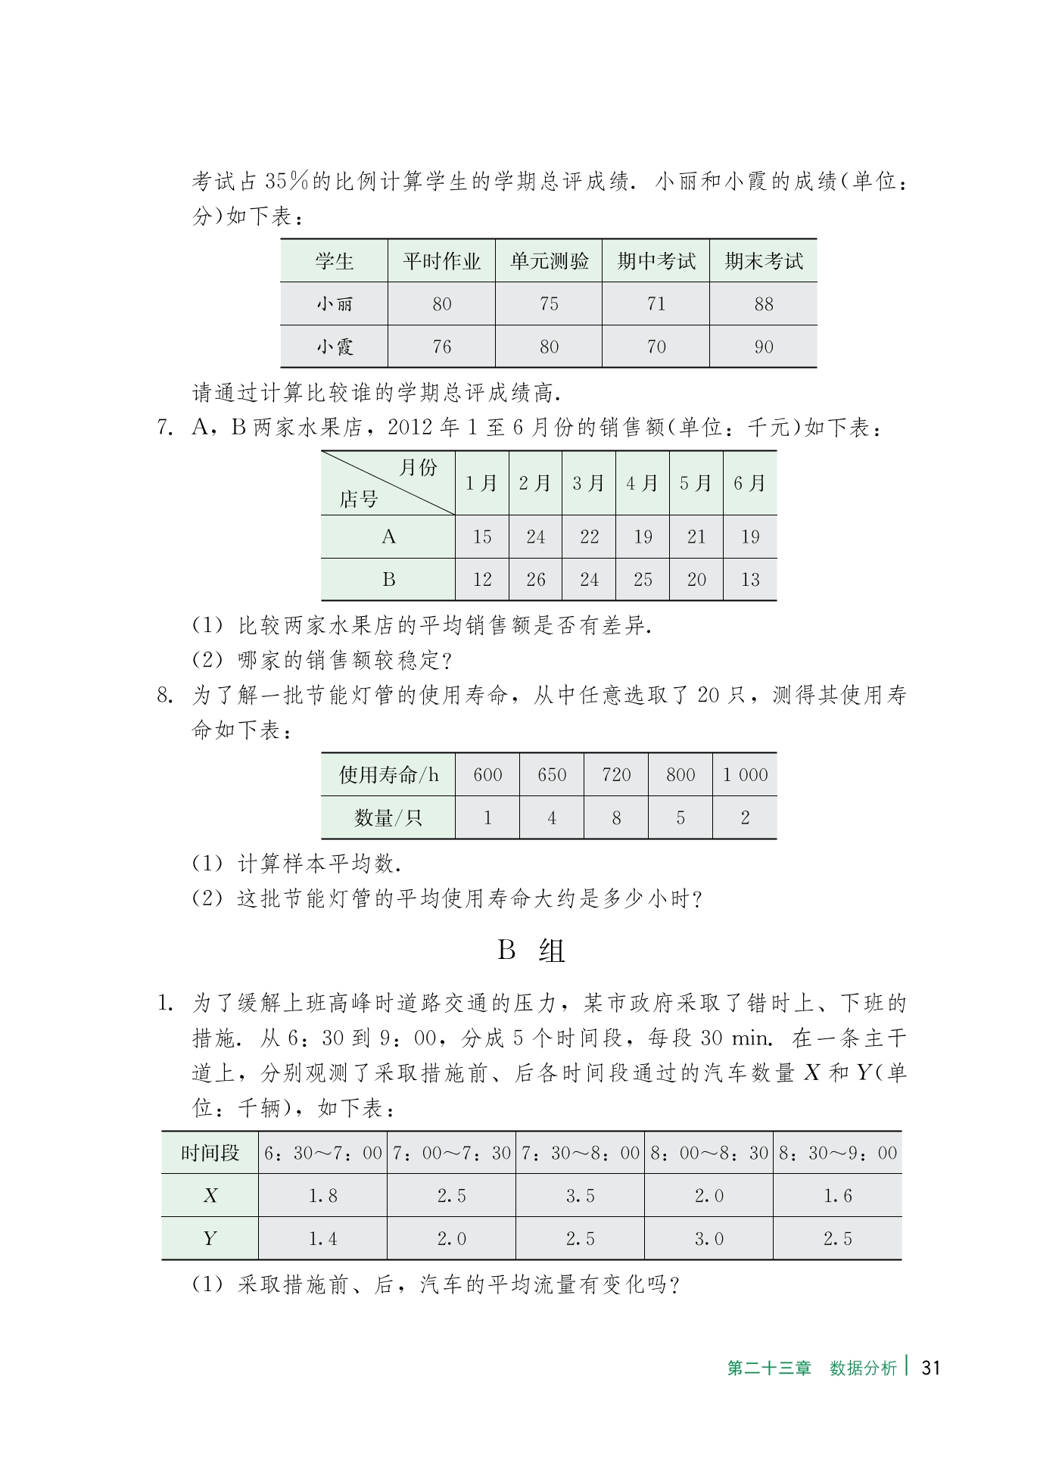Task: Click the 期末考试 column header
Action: point(763,261)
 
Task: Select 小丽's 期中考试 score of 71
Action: point(656,304)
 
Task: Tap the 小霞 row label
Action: point(334,347)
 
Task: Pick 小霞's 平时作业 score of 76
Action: point(441,347)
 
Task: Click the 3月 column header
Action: point(588,484)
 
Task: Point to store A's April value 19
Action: point(643,537)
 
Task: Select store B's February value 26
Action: point(535,580)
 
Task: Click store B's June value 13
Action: point(749,580)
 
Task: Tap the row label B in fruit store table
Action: point(388,580)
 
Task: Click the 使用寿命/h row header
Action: point(388,775)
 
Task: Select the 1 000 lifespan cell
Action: point(745,775)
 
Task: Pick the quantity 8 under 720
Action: point(616,818)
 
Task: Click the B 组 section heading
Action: point(531,951)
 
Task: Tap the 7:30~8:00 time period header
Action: point(580,1153)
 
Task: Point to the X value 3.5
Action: point(580,1197)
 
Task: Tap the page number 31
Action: point(931,1368)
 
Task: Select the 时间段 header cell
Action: point(210,1153)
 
